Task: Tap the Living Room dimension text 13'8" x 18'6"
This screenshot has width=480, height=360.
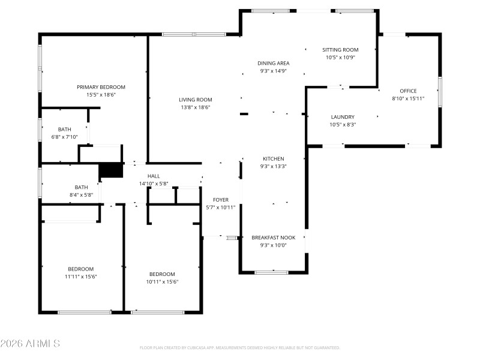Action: click(x=195, y=107)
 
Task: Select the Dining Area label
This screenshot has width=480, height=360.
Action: click(x=274, y=63)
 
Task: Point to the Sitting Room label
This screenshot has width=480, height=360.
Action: click(x=340, y=50)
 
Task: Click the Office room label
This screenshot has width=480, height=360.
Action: click(x=408, y=91)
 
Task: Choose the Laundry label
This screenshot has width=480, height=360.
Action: click(x=343, y=117)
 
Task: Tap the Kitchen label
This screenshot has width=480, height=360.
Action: click(x=273, y=158)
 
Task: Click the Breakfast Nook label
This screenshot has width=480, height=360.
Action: click(x=273, y=237)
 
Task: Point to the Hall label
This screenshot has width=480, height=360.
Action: click(x=154, y=176)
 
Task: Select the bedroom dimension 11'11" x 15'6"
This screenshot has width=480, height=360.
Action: click(x=80, y=277)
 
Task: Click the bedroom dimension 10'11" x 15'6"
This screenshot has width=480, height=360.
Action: click(x=162, y=282)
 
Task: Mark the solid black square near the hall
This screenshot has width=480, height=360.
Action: click(x=110, y=170)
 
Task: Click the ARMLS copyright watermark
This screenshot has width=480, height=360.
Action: click(x=30, y=344)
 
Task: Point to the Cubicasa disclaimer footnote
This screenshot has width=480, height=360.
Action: click(x=239, y=347)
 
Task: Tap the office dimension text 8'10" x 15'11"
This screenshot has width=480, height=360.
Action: click(x=408, y=98)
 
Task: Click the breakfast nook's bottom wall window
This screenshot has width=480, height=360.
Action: click(x=271, y=272)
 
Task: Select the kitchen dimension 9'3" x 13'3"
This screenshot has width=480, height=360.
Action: click(x=273, y=166)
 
